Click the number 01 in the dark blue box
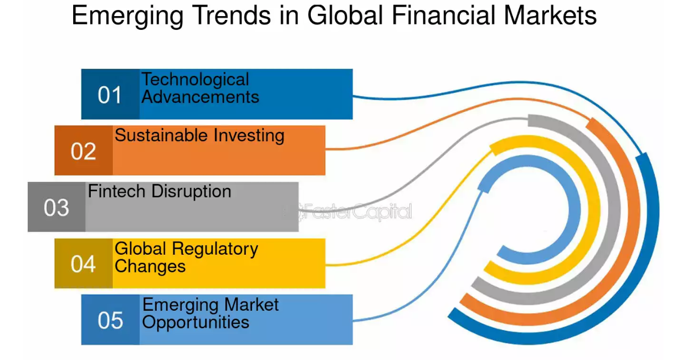click(x=110, y=95)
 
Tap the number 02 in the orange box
click(x=83, y=151)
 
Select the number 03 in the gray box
click(x=57, y=208)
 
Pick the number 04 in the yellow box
click(x=83, y=264)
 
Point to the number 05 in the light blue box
click(x=110, y=321)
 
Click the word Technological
click(x=195, y=80)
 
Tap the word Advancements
click(x=201, y=97)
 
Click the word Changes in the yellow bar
click(x=150, y=266)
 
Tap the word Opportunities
click(x=196, y=322)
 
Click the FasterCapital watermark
click(x=355, y=211)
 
